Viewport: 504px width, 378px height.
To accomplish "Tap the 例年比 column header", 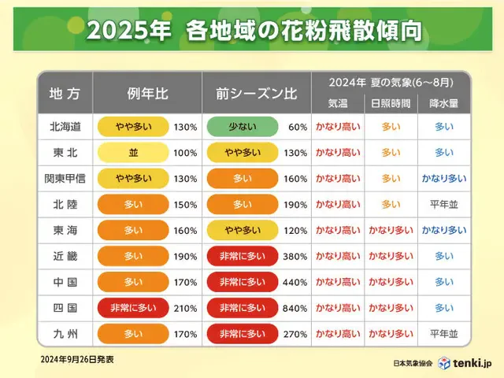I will point(146,93).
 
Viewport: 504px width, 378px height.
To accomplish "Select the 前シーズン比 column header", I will point(256,93).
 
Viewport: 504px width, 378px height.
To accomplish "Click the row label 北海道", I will point(65,126).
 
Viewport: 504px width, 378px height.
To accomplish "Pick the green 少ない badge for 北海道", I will point(243,126).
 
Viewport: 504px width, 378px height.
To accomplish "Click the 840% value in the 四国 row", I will point(295,308).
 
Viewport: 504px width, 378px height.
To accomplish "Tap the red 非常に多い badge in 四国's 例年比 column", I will point(133,308).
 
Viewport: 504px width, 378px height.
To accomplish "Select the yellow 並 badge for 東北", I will point(133,152).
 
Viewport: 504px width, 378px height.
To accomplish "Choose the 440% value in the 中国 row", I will point(295,282).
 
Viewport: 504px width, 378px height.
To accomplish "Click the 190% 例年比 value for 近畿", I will point(186,256).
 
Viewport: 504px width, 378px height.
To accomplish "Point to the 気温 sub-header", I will point(338,103).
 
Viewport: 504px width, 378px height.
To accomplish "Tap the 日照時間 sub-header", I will point(391,103).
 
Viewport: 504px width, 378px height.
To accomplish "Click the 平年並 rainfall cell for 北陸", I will point(444,204).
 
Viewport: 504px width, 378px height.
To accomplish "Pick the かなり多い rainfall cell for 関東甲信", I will point(444,178).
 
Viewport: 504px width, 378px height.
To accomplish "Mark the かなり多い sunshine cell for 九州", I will point(391,334).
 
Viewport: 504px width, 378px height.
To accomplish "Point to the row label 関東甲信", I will point(65,178).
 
